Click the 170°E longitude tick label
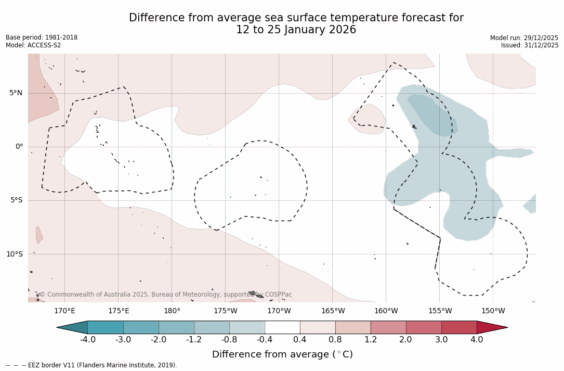click(x=64, y=311)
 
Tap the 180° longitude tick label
click(x=172, y=311)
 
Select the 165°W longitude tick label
click(x=333, y=311)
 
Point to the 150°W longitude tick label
click(x=493, y=311)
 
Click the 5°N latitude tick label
click(x=16, y=93)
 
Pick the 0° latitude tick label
click(x=19, y=147)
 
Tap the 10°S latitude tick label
click(x=14, y=254)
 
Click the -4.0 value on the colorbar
click(x=87, y=340)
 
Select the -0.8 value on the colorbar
click(x=229, y=340)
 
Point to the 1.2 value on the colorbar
click(x=371, y=340)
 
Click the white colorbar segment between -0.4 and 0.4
click(x=282, y=327)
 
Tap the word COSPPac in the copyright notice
click(x=278, y=295)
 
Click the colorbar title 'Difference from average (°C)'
click(x=282, y=354)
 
